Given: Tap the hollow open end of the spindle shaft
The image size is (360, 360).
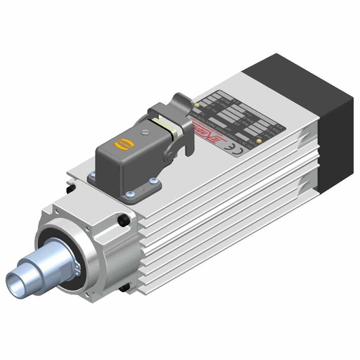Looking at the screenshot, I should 15,281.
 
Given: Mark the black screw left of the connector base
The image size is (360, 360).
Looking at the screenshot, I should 70,188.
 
